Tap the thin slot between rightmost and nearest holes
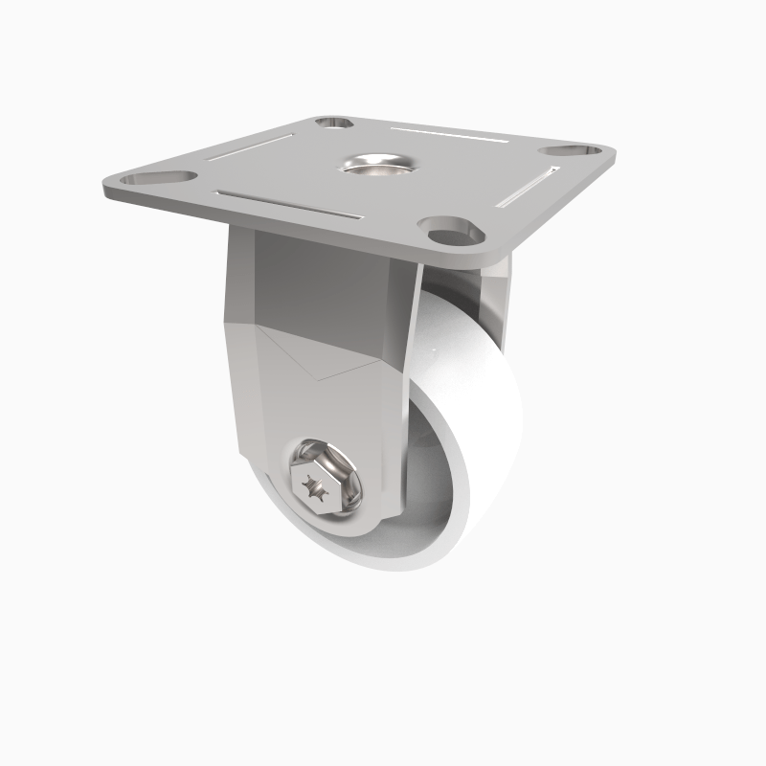pyautogui.click(x=529, y=187)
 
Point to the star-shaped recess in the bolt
pyautogui.click(x=314, y=488)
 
